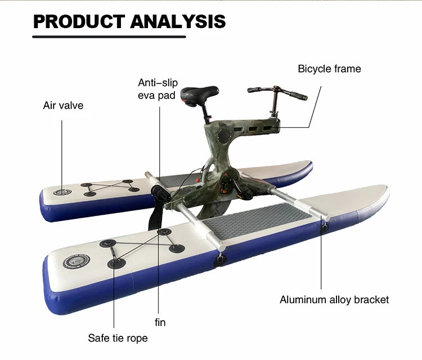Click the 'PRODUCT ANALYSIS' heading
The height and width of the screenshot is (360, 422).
pos(129,21)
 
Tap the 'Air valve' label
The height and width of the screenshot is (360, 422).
pos(63,105)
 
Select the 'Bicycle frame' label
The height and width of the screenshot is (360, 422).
pos(329,69)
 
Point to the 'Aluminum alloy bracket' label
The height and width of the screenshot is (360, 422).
pos(334,299)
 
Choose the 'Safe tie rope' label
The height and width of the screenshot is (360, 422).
pos(118,338)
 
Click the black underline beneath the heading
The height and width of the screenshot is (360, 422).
pos(109,37)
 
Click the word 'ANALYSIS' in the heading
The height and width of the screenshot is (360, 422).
pos(178,21)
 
